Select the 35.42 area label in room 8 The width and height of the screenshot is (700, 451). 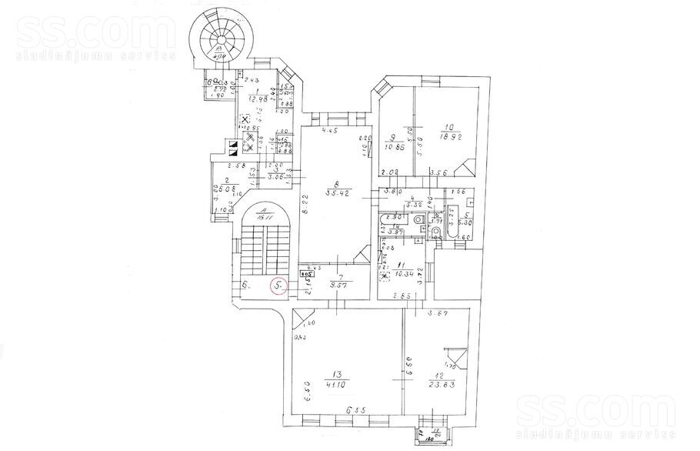tap(333, 194)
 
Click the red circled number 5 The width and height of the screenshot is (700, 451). tap(278, 286)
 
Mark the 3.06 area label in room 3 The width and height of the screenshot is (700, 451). tap(277, 178)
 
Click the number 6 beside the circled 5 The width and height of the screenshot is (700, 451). tap(245, 286)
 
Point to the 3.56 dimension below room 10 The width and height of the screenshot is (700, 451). tap(439, 172)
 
